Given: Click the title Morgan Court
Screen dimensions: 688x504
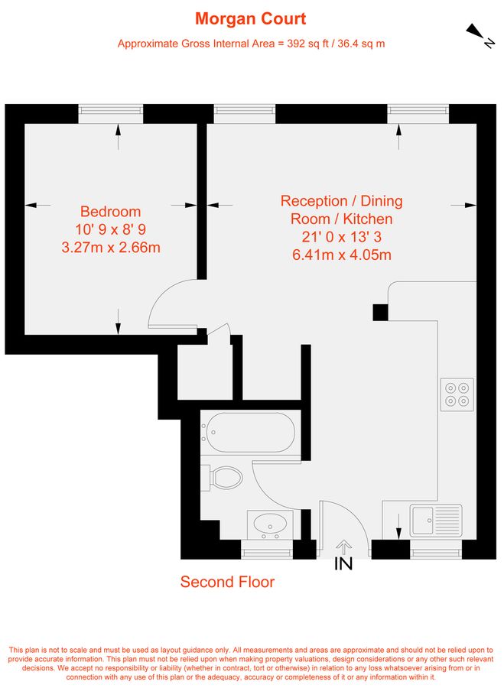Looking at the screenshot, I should click(251, 18).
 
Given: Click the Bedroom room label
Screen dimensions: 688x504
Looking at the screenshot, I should click(111, 212).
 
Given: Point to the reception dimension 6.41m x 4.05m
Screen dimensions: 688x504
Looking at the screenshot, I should click(341, 255).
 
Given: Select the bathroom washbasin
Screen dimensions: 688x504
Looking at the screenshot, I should click(270, 524).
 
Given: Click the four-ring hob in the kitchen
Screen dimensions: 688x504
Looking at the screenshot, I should click(457, 394).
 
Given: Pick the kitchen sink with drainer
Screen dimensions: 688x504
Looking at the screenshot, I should click(435, 520).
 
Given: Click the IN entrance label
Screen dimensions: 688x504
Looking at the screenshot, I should click(343, 565).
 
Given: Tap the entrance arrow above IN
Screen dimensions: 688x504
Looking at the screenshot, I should click(343, 547).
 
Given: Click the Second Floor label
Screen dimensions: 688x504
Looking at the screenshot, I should click(227, 582).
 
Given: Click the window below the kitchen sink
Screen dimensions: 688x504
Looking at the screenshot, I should click(435, 549).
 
